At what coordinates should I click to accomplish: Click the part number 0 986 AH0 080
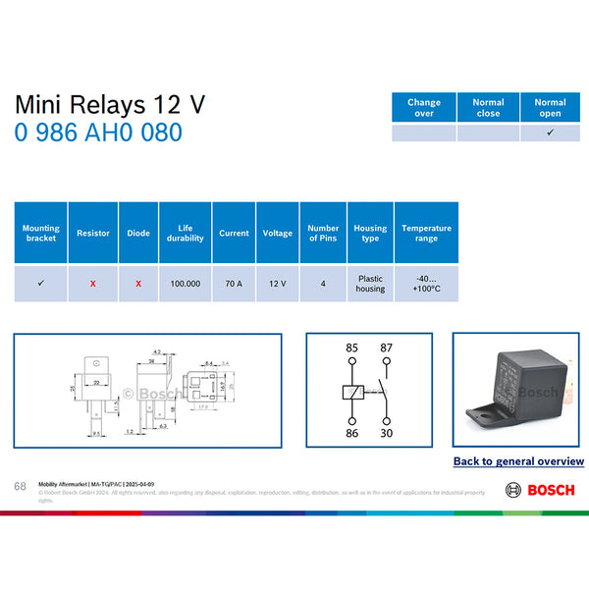point(98,133)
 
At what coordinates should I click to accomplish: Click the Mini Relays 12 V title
point(110,105)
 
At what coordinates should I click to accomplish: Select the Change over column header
point(424,108)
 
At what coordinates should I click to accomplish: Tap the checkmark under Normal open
point(550,133)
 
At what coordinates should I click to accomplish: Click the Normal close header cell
point(488,108)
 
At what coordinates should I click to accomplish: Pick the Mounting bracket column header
point(40,233)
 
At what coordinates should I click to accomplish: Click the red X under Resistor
point(93,284)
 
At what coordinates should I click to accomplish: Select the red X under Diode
point(138,284)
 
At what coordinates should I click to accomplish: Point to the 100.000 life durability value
point(186,284)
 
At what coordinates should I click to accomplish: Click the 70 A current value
point(234,284)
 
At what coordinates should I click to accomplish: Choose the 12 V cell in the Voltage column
point(278,284)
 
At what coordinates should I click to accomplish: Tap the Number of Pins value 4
point(323,284)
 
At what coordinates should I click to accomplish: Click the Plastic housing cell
point(370,284)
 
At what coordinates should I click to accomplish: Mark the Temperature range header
point(426,233)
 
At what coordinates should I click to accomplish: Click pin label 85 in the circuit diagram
point(351,348)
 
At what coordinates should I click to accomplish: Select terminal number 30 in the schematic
point(387,432)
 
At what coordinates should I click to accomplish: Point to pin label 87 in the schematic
point(387,348)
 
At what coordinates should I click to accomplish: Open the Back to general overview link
point(518,461)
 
